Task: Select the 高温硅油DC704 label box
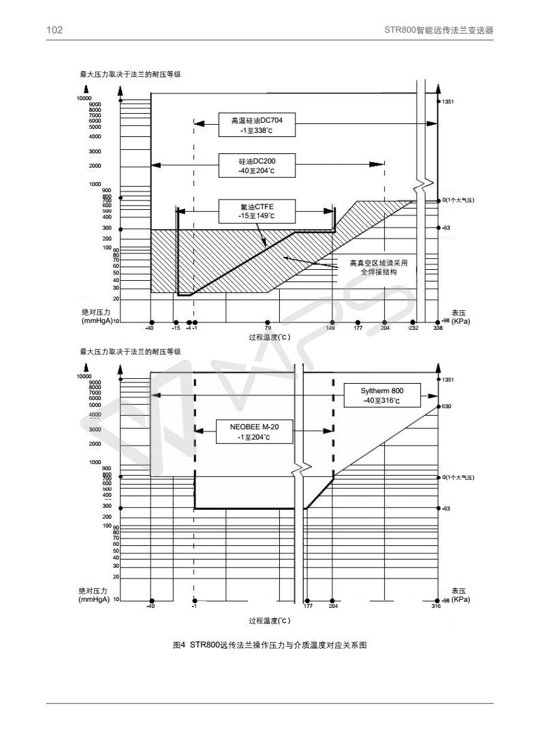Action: pos(252,123)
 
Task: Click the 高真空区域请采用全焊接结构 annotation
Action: pos(373,266)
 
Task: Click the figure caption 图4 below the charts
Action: pos(270,645)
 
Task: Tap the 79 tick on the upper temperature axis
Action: pos(268,328)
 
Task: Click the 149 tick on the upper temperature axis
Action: pos(332,328)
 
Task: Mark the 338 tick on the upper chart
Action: pos(438,328)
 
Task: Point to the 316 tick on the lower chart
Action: pos(436,606)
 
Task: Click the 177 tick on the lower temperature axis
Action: pos(308,606)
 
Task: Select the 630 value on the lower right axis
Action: pos(447,406)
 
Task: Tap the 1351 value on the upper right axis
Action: pos(447,102)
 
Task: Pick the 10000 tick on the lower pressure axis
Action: pos(84,376)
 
